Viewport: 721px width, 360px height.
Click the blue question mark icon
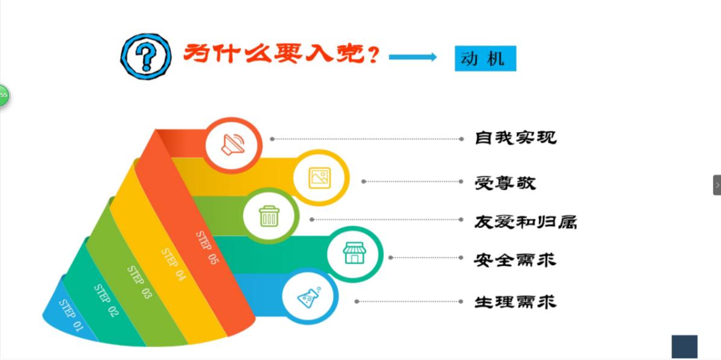(146, 57)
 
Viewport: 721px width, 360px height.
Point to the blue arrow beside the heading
(413, 57)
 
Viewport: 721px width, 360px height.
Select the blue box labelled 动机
(485, 58)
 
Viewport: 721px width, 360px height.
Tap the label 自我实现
(515, 137)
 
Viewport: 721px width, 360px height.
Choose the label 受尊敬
(505, 183)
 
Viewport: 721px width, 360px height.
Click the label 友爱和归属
(525, 222)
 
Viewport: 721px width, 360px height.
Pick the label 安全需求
(515, 261)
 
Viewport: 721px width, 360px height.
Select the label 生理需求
(515, 302)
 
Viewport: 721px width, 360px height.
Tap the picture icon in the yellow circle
(320, 178)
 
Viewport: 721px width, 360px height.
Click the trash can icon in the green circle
(269, 216)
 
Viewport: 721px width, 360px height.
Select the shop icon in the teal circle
(354, 253)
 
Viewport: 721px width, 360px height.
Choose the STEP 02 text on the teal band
(106, 300)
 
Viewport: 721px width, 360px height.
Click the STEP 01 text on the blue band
(71, 315)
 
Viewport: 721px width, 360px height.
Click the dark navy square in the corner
(684, 347)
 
